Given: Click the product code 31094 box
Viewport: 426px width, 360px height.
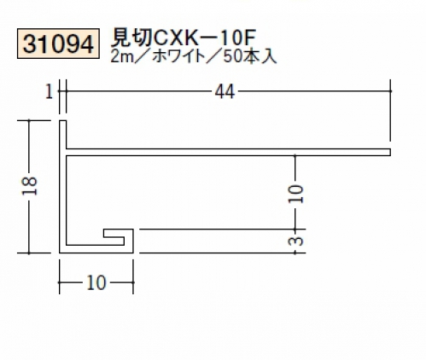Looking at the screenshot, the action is [x=58, y=44].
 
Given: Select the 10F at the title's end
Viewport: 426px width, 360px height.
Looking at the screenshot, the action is [x=238, y=38].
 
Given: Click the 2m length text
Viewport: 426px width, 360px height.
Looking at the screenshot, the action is [x=121, y=57].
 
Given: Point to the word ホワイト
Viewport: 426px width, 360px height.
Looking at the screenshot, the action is [x=178, y=57].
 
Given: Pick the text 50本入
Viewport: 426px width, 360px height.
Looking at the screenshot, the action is [x=250, y=57].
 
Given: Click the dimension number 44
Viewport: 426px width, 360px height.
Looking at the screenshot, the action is [x=225, y=92].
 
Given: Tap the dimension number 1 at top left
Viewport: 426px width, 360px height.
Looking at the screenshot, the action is [x=49, y=92].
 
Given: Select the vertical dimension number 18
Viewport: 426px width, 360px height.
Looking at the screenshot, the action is [x=30, y=186].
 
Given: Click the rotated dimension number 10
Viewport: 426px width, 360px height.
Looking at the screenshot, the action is [x=295, y=194].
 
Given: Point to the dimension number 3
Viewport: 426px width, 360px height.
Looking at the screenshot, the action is [x=295, y=241].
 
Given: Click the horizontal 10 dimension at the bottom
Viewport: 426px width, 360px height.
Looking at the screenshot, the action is [x=96, y=283].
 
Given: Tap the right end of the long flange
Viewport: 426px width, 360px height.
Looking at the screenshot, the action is [x=390, y=152].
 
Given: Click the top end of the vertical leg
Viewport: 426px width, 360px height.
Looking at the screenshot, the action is [x=63, y=121].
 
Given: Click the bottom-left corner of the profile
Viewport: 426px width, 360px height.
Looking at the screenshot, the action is [x=60, y=253].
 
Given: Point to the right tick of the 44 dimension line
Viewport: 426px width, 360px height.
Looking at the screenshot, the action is [x=390, y=91].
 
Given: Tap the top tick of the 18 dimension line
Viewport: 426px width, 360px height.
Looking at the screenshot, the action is [x=29, y=121].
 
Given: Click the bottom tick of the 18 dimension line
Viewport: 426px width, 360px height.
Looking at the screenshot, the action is [x=29, y=253].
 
